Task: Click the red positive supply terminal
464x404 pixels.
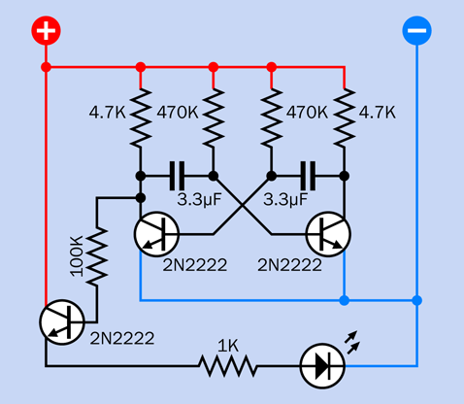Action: (46, 30)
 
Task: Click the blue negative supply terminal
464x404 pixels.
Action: (416, 30)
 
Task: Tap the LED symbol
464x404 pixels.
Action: (322, 366)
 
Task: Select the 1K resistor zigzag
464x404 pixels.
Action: (228, 366)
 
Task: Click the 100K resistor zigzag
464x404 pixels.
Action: (96, 256)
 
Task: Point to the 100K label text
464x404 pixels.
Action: (77, 256)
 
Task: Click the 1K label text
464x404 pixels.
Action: (228, 346)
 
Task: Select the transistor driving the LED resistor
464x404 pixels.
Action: (62, 322)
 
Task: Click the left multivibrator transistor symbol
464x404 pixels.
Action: (156, 234)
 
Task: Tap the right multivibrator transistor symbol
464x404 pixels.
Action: (328, 234)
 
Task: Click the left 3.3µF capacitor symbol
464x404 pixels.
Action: (177, 176)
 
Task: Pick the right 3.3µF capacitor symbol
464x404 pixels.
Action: (308, 176)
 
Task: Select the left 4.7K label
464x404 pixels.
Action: (107, 113)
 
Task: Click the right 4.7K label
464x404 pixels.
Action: (378, 113)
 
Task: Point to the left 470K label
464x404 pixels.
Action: (178, 113)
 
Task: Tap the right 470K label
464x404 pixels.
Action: (307, 113)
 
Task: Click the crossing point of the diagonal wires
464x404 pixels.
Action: (243, 205)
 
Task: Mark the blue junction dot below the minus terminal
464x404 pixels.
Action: (416, 300)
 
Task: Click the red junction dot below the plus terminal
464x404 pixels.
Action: (46, 67)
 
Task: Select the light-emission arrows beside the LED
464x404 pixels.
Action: (351, 343)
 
